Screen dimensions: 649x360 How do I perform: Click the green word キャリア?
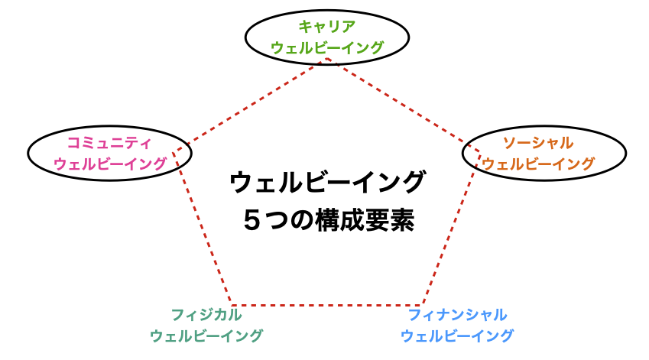[x=327, y=27]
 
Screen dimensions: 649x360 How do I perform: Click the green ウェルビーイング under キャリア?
[x=327, y=47]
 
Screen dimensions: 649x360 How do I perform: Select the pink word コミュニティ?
[x=109, y=143]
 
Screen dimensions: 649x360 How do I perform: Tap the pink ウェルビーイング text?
[x=110, y=164]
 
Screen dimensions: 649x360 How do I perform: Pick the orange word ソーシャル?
[x=538, y=143]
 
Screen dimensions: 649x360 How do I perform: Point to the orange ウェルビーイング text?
[x=538, y=164]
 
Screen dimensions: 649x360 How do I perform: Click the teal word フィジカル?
[x=206, y=315]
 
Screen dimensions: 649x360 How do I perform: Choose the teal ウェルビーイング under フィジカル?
[x=206, y=336]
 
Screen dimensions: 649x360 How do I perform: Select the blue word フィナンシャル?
[x=457, y=315]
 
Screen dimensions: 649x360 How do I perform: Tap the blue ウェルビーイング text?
[x=457, y=336]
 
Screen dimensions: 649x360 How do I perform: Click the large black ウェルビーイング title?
[x=327, y=183]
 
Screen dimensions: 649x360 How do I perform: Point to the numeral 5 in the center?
[x=251, y=221]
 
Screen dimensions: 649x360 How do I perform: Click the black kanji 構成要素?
[x=365, y=221]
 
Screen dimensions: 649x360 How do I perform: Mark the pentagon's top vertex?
[x=327, y=59]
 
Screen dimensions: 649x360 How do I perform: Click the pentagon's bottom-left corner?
[x=231, y=306]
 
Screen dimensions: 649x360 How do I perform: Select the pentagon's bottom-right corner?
[x=423, y=306]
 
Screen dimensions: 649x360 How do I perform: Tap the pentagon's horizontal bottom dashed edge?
[x=327, y=306]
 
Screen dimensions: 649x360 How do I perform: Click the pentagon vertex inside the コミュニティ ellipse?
[x=173, y=153]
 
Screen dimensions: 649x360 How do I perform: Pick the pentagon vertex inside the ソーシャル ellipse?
[x=480, y=152]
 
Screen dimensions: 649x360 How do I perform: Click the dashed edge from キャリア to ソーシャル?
[x=404, y=105]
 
